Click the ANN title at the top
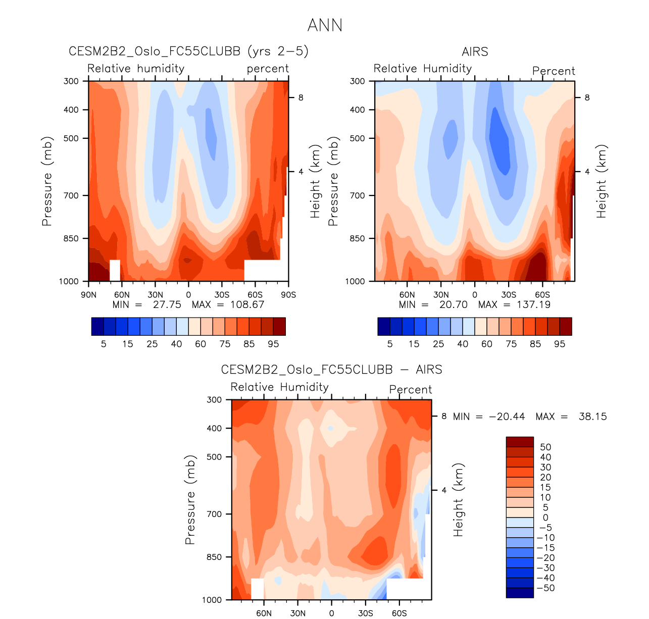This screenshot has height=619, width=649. [325, 25]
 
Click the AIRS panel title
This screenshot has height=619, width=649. [475, 51]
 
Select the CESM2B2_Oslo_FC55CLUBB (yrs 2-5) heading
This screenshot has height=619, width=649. [188, 51]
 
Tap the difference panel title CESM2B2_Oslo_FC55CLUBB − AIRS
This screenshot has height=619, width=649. [331, 370]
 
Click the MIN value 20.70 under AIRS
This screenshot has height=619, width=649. [453, 304]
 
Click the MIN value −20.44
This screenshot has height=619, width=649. [507, 417]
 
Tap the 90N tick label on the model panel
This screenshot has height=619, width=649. [88, 295]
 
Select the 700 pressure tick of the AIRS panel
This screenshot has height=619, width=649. [357, 195]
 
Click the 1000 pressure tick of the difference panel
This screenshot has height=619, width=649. [212, 600]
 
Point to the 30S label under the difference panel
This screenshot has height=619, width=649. [365, 613]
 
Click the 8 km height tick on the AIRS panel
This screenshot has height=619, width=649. [587, 97]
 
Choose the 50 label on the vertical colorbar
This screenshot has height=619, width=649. [545, 447]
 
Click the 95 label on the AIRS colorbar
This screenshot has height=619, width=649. [560, 344]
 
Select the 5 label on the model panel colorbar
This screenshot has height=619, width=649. [104, 344]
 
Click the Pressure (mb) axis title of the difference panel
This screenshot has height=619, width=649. [190, 499]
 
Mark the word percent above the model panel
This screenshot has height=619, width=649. [268, 69]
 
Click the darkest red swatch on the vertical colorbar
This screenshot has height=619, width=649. [520, 442]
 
